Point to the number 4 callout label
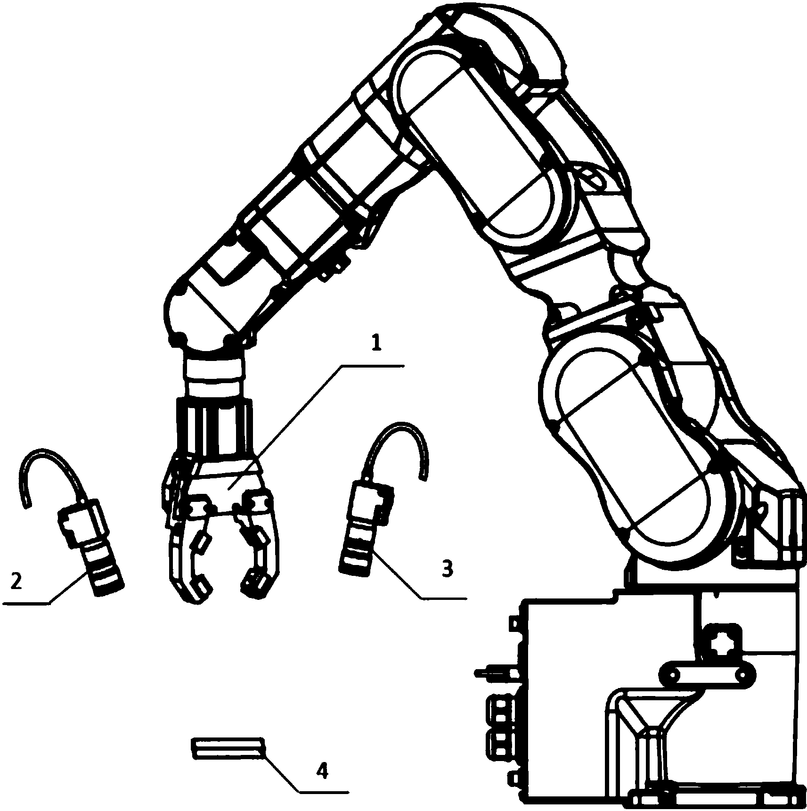322,771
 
